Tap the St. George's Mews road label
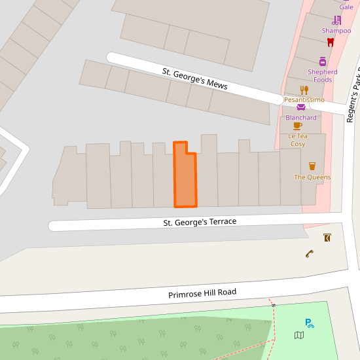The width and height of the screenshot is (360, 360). pos(194,78)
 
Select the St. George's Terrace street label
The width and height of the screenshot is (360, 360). pos(200,223)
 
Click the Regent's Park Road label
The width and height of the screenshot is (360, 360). pos(353,94)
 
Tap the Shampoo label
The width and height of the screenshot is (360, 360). pos(336,31)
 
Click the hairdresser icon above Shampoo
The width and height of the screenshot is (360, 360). pos(336,20)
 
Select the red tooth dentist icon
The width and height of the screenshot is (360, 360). pos(331,42)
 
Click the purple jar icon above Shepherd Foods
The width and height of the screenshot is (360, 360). pos(323,62)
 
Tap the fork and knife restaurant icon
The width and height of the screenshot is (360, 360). pos(304,90)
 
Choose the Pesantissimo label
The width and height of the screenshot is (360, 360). pos(304,99)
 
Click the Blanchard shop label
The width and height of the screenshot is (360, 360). pos(301,118)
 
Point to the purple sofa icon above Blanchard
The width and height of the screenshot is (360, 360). pos(301,107)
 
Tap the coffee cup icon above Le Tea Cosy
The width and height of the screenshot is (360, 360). pos(298,126)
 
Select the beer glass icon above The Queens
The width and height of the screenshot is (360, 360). pos(312,166)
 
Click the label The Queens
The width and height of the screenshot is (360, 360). pos(312,177)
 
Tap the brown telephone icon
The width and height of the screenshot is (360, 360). pos(310,253)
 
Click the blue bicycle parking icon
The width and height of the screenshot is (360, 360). pos(309,323)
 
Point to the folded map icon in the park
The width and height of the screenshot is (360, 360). pos(299,336)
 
